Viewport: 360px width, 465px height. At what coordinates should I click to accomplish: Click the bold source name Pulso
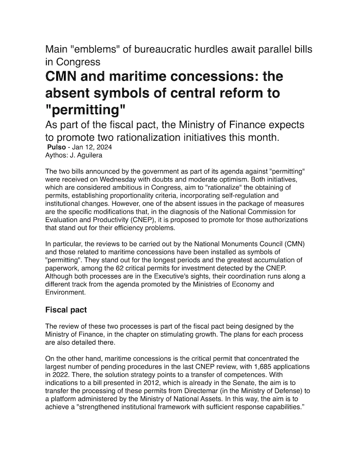pos(56,147)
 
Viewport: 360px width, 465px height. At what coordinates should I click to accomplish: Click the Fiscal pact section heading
pos(67,310)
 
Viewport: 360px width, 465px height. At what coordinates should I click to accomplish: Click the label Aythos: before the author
pos(57,155)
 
